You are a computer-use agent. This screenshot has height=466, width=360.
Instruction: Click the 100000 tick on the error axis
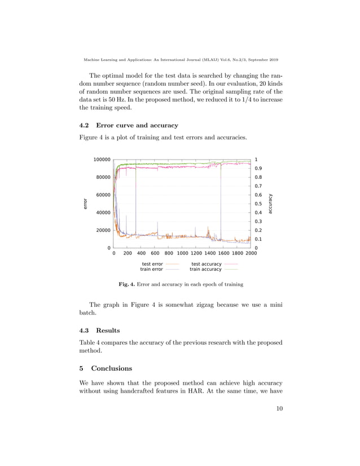click(102, 160)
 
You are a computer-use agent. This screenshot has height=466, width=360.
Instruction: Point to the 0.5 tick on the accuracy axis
click(258, 204)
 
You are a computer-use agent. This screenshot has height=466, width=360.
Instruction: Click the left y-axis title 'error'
click(85, 204)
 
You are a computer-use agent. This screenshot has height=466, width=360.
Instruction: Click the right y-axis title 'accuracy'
click(271, 204)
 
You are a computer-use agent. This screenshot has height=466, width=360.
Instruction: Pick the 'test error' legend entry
click(152, 264)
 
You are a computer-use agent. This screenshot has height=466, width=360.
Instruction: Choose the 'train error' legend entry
click(152, 270)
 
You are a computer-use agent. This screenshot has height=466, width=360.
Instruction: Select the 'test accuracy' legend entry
click(207, 264)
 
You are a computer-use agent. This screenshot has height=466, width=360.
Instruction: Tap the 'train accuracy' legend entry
click(205, 270)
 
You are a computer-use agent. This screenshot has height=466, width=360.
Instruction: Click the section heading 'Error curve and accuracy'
click(137, 125)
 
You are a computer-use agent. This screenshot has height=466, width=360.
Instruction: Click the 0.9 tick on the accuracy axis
click(258, 168)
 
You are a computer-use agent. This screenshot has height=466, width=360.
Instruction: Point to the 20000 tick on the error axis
click(103, 230)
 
